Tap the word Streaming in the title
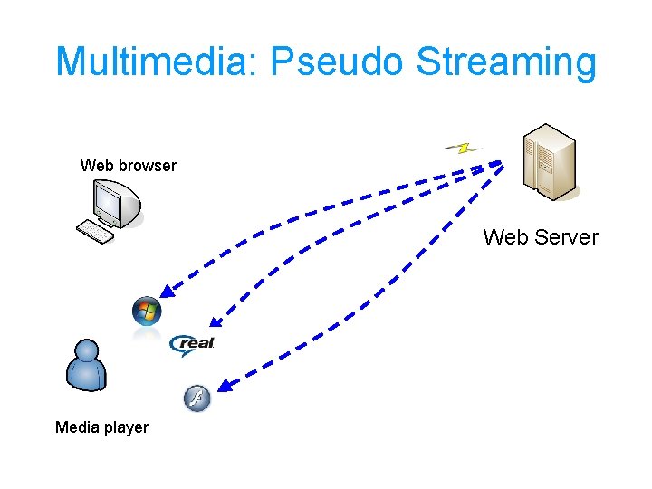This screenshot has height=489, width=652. pos(506,63)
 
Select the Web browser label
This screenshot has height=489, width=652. pos(129,165)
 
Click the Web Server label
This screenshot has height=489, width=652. pos(541,237)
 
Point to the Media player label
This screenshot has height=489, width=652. pos(101,427)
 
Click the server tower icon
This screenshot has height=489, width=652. pos(549,161)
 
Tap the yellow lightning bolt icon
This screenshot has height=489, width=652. pos(463,147)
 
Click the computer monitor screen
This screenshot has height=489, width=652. pos(109,203)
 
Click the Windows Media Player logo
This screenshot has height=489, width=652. pos(146,312)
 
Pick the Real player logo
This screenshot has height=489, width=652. pos(193,343)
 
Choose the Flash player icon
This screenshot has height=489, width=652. pos(197,398)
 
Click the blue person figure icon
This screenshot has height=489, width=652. pos(87,366)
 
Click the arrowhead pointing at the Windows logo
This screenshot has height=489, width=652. pos(166,291)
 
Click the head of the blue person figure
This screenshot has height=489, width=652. pos(87,351)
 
